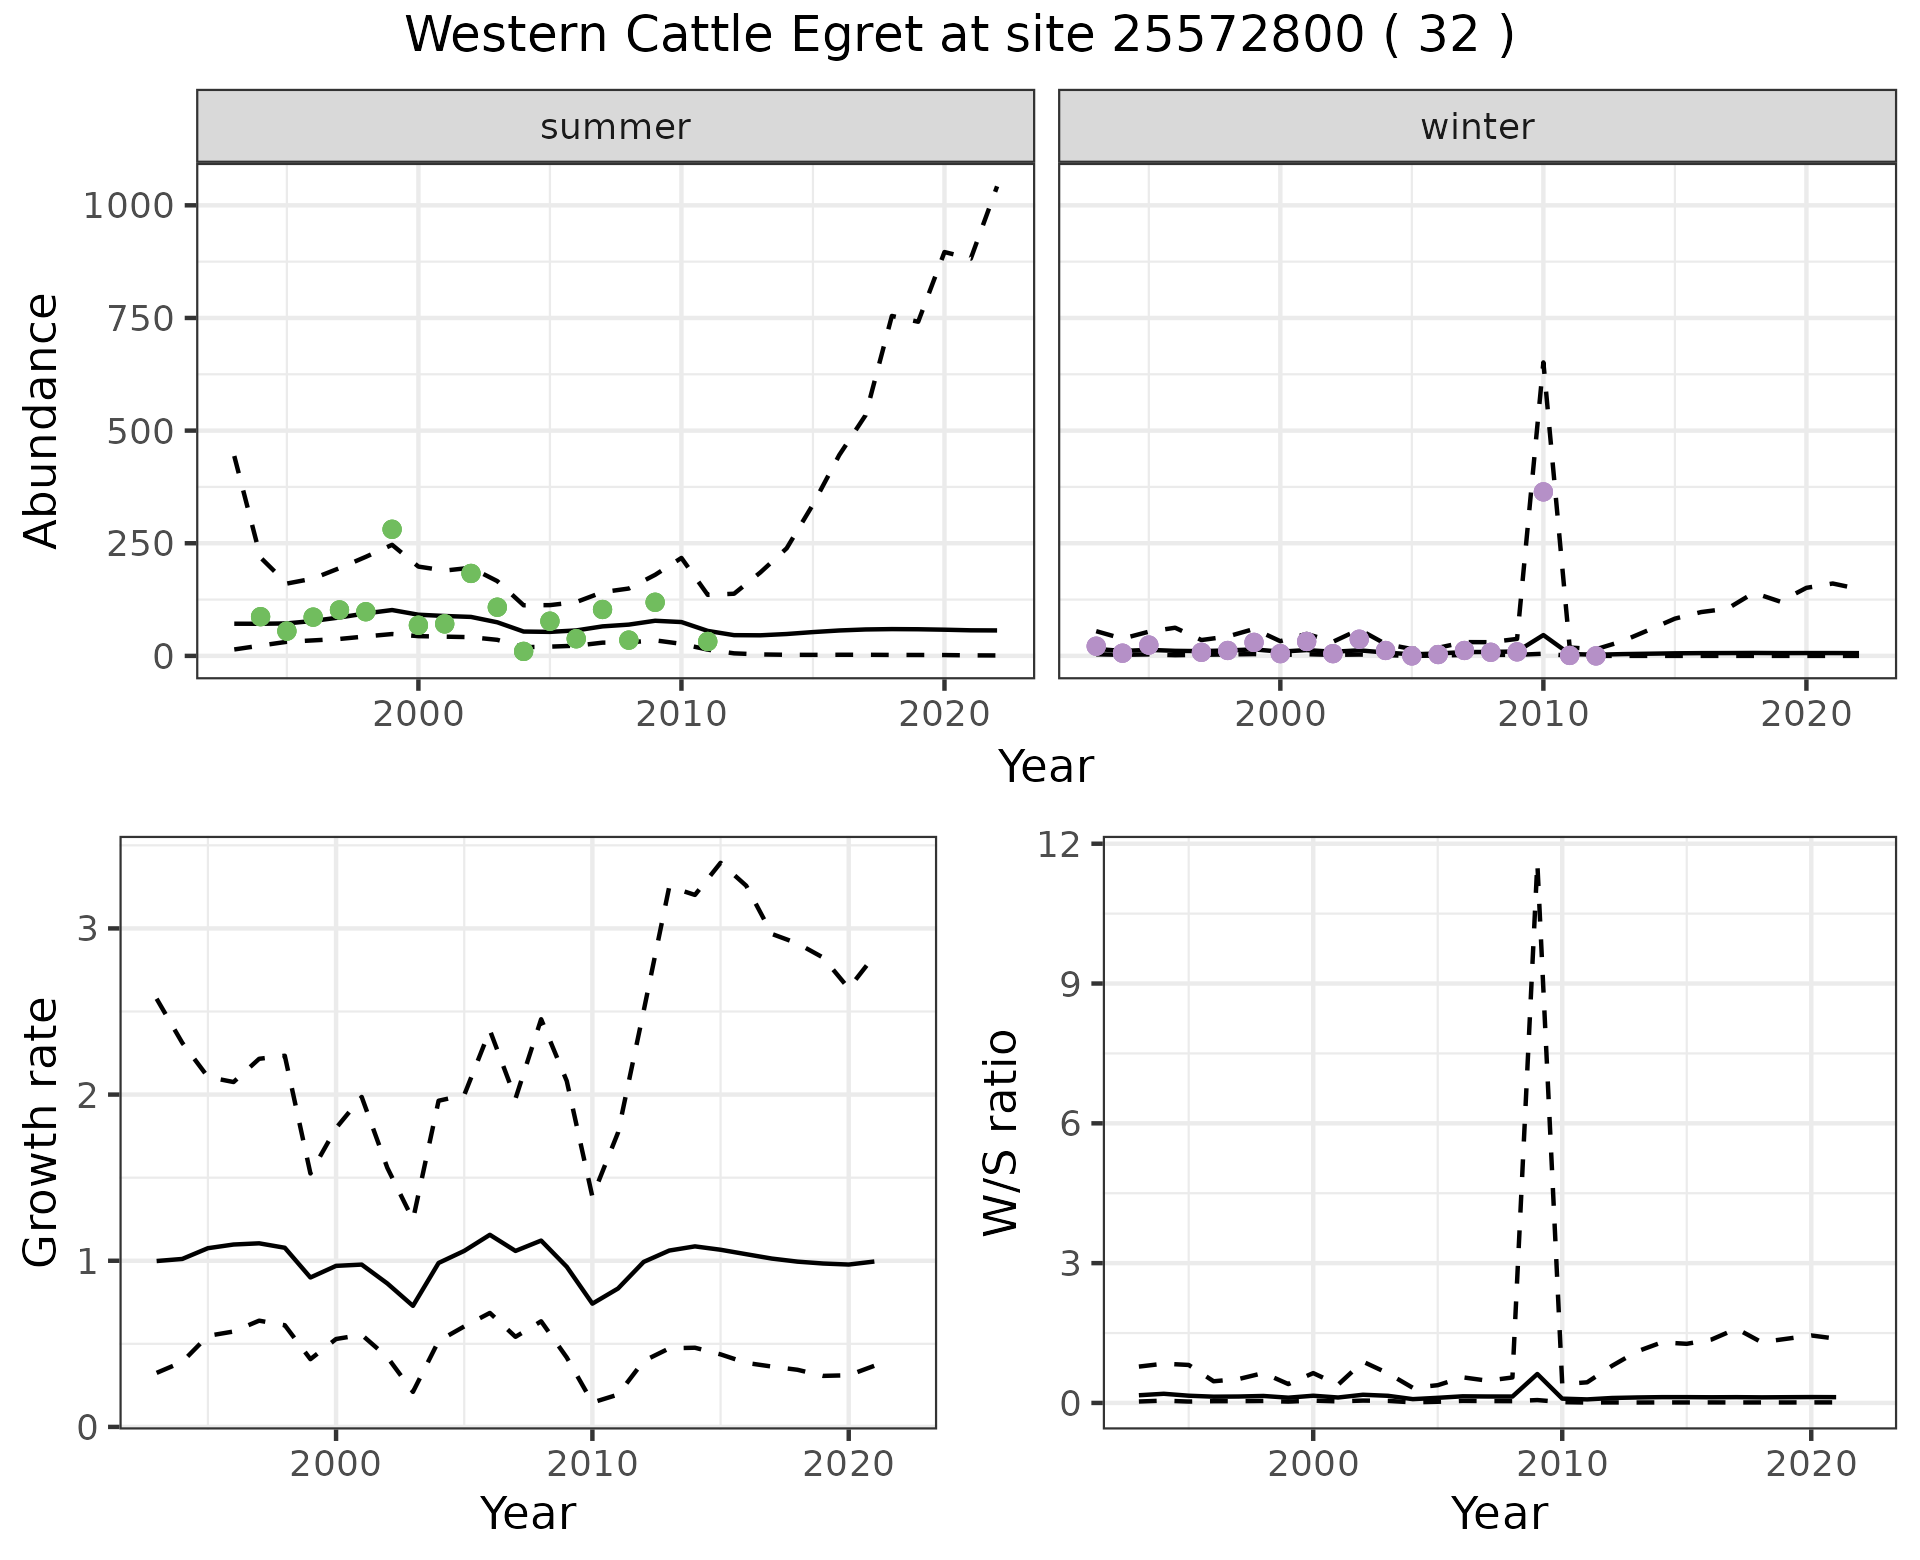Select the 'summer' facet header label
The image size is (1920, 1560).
pyautogui.click(x=615, y=127)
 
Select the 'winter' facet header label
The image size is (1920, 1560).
pyautogui.click(x=1477, y=127)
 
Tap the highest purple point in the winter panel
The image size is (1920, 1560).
pyautogui.click(x=1543, y=492)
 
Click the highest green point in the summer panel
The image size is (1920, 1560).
pyautogui.click(x=392, y=529)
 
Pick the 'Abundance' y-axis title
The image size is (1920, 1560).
pyautogui.click(x=42, y=420)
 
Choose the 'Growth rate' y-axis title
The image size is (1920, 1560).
pyautogui.click(x=42, y=1132)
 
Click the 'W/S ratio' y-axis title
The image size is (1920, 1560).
pyautogui.click(x=1000, y=1132)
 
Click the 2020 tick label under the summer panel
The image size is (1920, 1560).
pyautogui.click(x=944, y=714)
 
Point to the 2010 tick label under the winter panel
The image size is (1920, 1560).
pyautogui.click(x=1543, y=714)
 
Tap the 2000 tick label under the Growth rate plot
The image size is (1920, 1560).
pyautogui.click(x=336, y=1465)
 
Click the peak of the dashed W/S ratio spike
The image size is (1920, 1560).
pyautogui.click(x=1537, y=868)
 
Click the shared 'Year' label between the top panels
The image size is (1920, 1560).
pyautogui.click(x=1046, y=767)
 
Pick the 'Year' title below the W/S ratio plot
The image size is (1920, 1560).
pyautogui.click(x=1499, y=1514)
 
